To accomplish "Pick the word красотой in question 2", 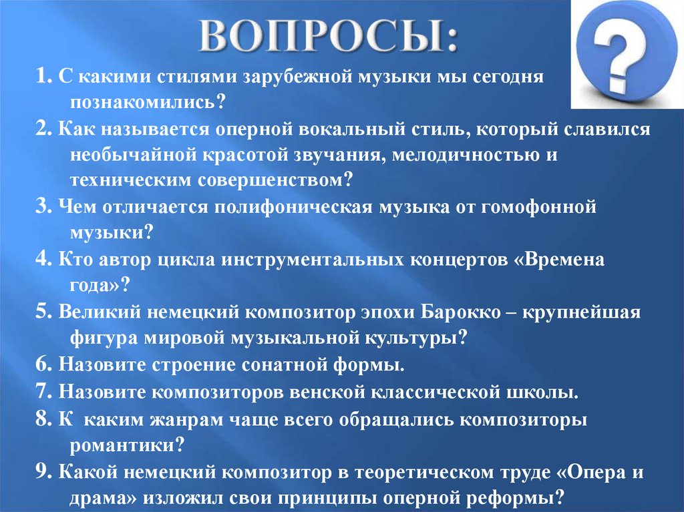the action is tap(244, 156).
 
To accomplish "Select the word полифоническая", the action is tap(293, 207).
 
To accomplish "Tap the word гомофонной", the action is tap(538, 207).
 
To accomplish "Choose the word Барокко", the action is tap(461, 312).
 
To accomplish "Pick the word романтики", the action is tap(122, 445).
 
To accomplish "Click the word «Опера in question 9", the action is tap(590, 473).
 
